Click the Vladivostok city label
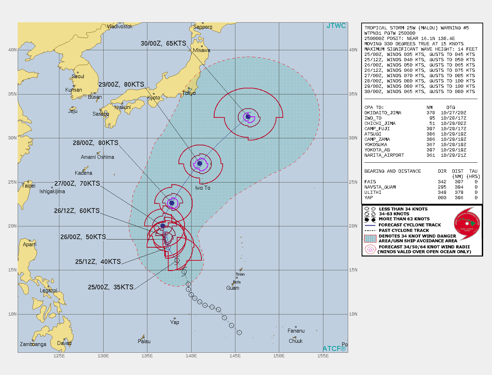pyautogui.click(x=120, y=27)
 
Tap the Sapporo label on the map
pyautogui.click(x=203, y=27)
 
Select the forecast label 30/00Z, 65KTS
pyautogui.click(x=163, y=44)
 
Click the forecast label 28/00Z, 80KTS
pyautogui.click(x=95, y=143)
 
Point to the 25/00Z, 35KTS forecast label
pyautogui.click(x=111, y=287)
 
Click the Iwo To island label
pyautogui.click(x=203, y=188)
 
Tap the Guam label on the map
pyautogui.click(x=233, y=288)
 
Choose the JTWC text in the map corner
pyautogui.click(x=336, y=26)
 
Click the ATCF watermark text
pyautogui.click(x=334, y=348)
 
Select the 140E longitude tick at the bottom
pyautogui.click(x=191, y=356)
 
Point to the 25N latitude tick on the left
pyautogui.click(x=12, y=182)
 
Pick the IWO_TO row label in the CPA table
pyautogui.click(x=373, y=118)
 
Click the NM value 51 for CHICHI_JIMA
pyautogui.click(x=432, y=123)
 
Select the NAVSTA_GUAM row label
pyautogui.click(x=380, y=187)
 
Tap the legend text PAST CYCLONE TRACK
pyautogui.click(x=404, y=230)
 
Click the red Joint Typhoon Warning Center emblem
pyautogui.click(x=467, y=224)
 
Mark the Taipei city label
pyautogui.click(x=29, y=186)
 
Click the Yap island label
pyautogui.click(x=175, y=322)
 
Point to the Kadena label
pyautogui.click(x=83, y=173)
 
